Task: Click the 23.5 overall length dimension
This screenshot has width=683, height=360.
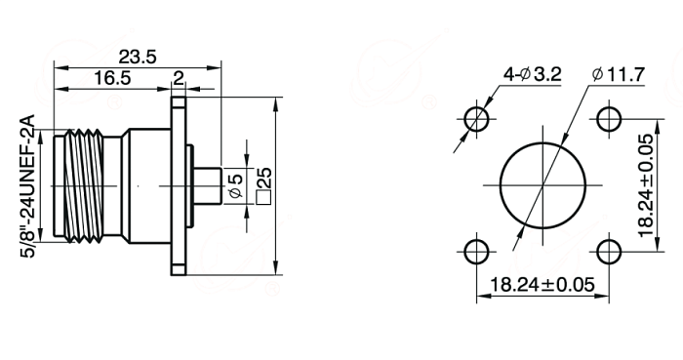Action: pyautogui.click(x=138, y=57)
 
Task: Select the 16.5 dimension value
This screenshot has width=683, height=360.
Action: pyautogui.click(x=112, y=78)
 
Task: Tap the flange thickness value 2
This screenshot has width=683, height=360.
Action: pyautogui.click(x=179, y=78)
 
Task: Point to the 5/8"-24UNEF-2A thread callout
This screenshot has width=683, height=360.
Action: pyautogui.click(x=27, y=186)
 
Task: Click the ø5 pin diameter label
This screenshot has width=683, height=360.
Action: pyautogui.click(x=235, y=186)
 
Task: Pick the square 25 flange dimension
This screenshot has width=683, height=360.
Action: pyautogui.click(x=264, y=186)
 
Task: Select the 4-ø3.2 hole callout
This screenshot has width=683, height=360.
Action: pyautogui.click(x=533, y=74)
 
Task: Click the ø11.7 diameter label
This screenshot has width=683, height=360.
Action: pyautogui.click(x=619, y=74)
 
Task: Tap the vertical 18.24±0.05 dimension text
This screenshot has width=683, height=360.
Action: pyautogui.click(x=646, y=186)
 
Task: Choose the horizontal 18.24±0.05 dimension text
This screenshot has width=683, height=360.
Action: pyautogui.click(x=542, y=285)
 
